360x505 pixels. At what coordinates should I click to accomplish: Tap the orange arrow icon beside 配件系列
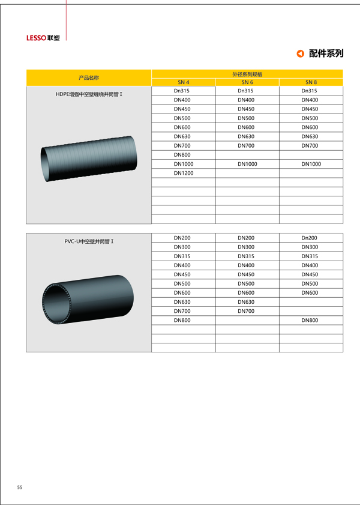point(300,54)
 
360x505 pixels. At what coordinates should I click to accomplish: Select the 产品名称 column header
point(89,78)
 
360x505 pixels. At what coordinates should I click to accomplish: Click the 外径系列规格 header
point(247,74)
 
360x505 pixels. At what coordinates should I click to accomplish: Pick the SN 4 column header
point(183,82)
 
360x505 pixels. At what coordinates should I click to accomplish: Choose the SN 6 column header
point(247,82)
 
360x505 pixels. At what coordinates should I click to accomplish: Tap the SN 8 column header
point(311,82)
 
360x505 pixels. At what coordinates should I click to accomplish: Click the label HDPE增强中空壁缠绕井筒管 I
point(89,94)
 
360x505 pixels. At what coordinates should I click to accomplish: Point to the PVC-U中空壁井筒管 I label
point(89,241)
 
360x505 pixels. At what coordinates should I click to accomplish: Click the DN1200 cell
point(183,173)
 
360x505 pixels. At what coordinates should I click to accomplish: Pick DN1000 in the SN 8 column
point(311,164)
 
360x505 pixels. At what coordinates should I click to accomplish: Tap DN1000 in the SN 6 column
point(247,164)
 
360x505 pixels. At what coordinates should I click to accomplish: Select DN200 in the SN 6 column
point(246,238)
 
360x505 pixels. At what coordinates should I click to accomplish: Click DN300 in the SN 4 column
point(182,247)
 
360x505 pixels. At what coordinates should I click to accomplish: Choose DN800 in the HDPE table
point(182,154)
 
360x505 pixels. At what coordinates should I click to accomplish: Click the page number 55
point(20,487)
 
